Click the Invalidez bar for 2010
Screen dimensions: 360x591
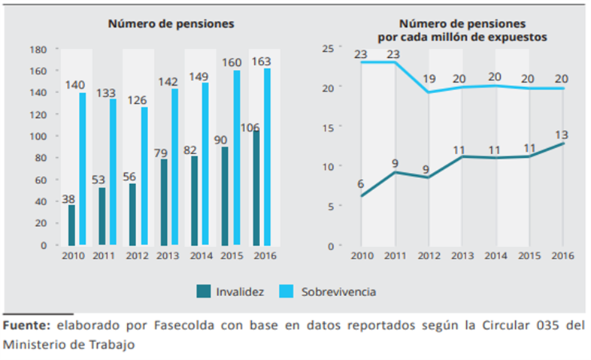pyautogui.click(x=71, y=225)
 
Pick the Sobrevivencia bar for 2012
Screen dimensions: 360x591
pyautogui.click(x=144, y=176)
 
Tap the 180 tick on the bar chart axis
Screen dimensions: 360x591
pyautogui.click(x=38, y=50)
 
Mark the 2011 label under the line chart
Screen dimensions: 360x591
pyautogui.click(x=396, y=256)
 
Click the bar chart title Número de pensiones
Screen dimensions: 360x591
pyautogui.click(x=171, y=24)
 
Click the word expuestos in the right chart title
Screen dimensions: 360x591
pyautogui.click(x=514, y=35)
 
